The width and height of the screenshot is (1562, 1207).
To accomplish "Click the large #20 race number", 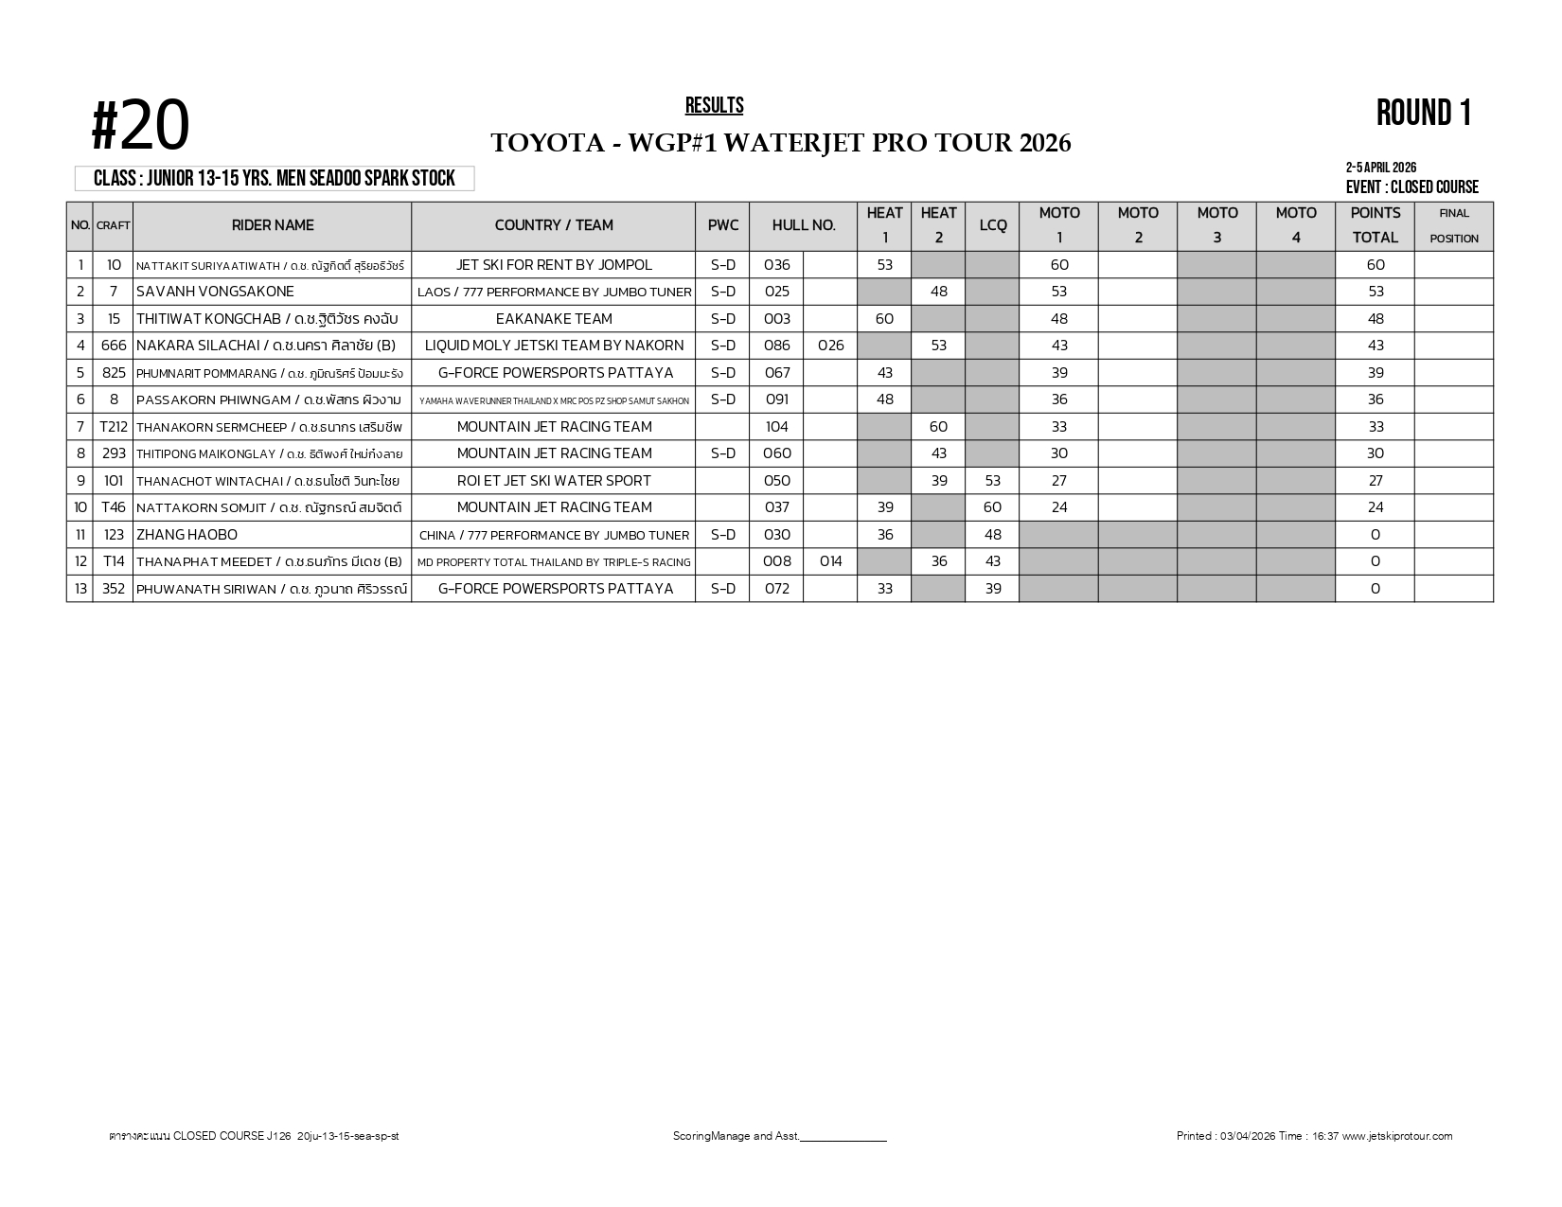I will click(x=140, y=127).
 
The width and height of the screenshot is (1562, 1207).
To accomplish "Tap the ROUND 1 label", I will click(x=1424, y=113).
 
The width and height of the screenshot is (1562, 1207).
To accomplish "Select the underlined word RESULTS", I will click(x=714, y=105).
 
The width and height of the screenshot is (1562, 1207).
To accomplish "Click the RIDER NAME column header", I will click(x=273, y=225).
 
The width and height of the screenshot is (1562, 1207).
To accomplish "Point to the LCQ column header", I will click(x=992, y=225).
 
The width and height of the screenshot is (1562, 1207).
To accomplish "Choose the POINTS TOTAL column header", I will click(x=1375, y=225).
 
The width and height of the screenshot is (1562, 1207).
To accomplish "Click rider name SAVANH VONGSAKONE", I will click(x=215, y=292).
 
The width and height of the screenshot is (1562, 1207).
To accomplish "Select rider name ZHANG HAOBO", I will click(x=186, y=535).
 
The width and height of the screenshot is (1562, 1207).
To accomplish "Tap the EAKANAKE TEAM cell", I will click(x=554, y=319).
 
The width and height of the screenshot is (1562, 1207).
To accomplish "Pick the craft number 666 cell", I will click(x=114, y=346).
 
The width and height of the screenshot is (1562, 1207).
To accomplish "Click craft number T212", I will click(x=114, y=427).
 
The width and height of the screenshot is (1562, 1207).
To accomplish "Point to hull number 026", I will click(x=830, y=346).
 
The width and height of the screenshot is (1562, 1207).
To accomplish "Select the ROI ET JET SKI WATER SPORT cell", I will click(x=554, y=481).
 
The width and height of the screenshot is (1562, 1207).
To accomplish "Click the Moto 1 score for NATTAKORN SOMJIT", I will click(x=1059, y=507).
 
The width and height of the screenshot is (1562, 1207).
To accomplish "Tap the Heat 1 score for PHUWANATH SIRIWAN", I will click(x=884, y=589).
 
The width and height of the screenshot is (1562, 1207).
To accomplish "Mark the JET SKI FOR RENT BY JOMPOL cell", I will click(x=554, y=265).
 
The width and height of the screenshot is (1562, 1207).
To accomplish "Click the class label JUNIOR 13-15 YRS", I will click(x=275, y=179).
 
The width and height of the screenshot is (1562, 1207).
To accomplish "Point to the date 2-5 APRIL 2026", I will click(x=1380, y=169).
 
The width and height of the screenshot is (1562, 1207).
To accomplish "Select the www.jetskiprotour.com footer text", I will click(x=1397, y=1136).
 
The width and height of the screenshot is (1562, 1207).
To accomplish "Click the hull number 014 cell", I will click(x=830, y=561).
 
